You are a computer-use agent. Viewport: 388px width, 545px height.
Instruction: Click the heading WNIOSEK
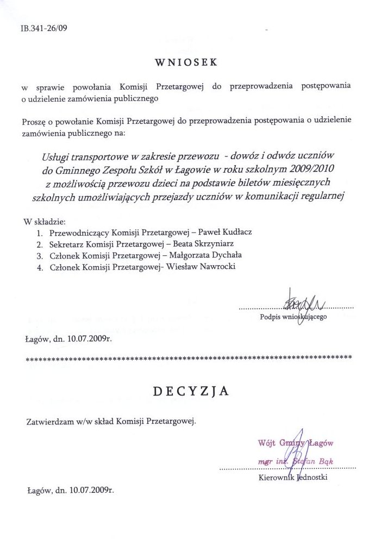[x=186, y=62]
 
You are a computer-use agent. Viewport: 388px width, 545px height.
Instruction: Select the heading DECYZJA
[x=190, y=391]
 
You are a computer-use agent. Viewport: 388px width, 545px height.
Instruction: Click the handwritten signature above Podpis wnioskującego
[x=300, y=300]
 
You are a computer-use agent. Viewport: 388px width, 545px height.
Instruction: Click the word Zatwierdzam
[x=52, y=421]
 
